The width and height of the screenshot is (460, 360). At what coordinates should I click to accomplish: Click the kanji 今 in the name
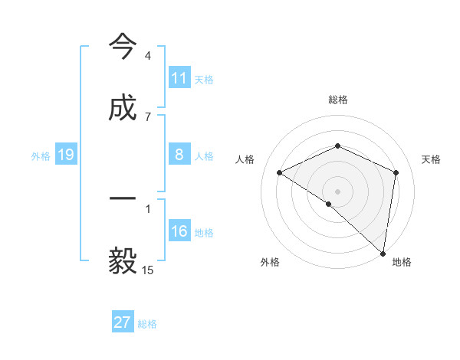[x=123, y=47]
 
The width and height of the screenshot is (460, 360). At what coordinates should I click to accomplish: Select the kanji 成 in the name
[x=123, y=108]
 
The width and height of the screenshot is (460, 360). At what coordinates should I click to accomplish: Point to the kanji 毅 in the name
[x=123, y=261]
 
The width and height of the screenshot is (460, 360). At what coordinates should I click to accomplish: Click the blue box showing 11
[x=179, y=78]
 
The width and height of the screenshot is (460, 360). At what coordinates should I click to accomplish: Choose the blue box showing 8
[x=179, y=155]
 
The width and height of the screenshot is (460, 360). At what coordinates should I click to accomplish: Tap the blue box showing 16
[x=179, y=231]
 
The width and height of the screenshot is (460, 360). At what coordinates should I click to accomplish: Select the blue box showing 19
[x=66, y=155]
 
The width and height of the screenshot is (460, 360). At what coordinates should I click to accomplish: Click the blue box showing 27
[x=123, y=322]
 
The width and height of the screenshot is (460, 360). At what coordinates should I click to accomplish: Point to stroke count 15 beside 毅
[x=147, y=270]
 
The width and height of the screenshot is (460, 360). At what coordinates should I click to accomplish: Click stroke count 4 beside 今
[x=147, y=56]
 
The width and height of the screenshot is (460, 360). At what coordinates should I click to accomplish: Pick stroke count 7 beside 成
[x=147, y=116]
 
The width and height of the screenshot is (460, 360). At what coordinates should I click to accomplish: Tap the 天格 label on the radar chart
[x=431, y=159]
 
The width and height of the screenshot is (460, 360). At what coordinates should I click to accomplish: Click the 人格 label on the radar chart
[x=245, y=159]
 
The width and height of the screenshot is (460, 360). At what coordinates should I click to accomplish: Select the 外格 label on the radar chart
[x=270, y=262]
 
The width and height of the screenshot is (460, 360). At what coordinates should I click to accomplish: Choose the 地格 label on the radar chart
[x=402, y=262]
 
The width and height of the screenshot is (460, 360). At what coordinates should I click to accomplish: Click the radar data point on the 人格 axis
[x=279, y=172]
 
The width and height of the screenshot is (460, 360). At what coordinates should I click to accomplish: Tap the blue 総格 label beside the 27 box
[x=147, y=323]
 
